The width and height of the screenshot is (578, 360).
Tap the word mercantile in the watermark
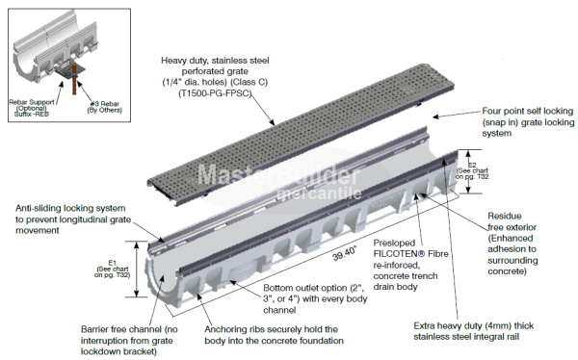[x=319, y=193]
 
